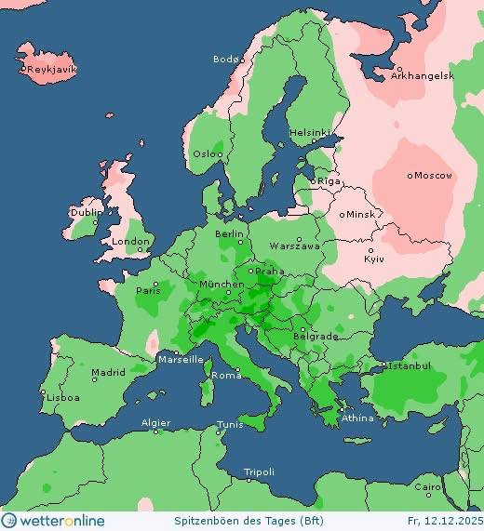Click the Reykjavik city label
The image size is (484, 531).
[x=52, y=70]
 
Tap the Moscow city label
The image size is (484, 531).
[x=433, y=176]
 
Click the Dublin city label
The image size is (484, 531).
[x=85, y=213]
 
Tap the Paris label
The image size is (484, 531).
[x=149, y=290]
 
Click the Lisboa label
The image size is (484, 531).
[x=63, y=397]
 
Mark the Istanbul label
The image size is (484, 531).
[x=410, y=366]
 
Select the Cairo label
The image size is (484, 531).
[x=427, y=487]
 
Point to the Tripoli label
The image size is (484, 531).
[x=259, y=472]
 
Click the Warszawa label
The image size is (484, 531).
[x=295, y=246]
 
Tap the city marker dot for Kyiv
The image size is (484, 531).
[x=370, y=250]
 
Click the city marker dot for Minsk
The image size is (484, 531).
[x=343, y=214]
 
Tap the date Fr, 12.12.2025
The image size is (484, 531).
[x=443, y=521]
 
